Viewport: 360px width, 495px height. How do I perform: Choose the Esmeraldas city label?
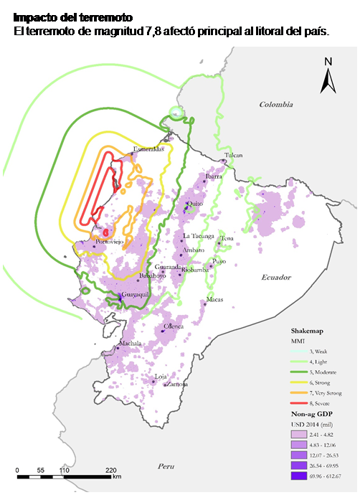(148, 150)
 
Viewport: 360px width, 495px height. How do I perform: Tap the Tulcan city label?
(233, 155)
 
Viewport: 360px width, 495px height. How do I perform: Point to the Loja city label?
(162, 375)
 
